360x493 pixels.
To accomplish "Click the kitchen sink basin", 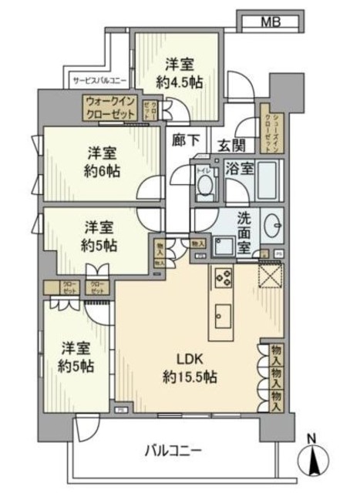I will [x=222, y=314].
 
